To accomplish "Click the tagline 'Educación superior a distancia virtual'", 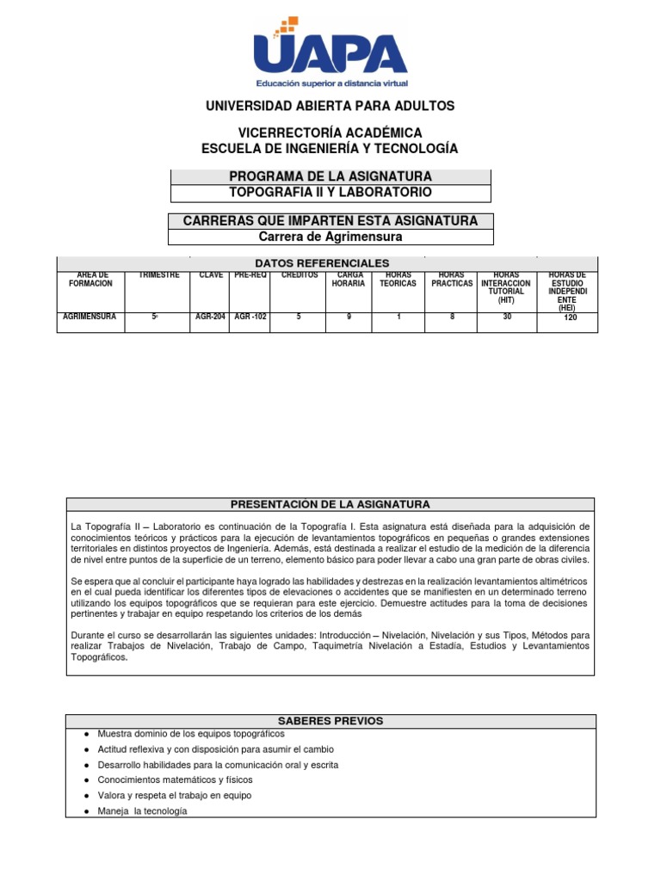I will point(331,83).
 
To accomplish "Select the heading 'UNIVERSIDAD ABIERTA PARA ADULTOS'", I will point(330,106).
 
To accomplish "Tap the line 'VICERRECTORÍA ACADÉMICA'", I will point(330,133).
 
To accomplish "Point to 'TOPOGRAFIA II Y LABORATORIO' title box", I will point(331,192).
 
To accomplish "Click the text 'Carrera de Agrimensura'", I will point(331,237).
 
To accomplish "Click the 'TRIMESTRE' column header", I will point(159,274).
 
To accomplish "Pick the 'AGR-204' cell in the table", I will point(210,317).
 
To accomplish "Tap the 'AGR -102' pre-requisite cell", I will point(250,317).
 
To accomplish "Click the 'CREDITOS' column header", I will point(300,274).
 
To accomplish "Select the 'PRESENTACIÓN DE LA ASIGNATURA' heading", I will point(331,504).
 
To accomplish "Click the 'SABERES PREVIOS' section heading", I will point(331,721).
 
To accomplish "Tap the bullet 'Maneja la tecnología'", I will point(142,811).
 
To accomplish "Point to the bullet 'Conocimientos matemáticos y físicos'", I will point(176,780).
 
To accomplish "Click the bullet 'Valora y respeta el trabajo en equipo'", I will point(175,796).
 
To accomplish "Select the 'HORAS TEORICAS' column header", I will point(398,279).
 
